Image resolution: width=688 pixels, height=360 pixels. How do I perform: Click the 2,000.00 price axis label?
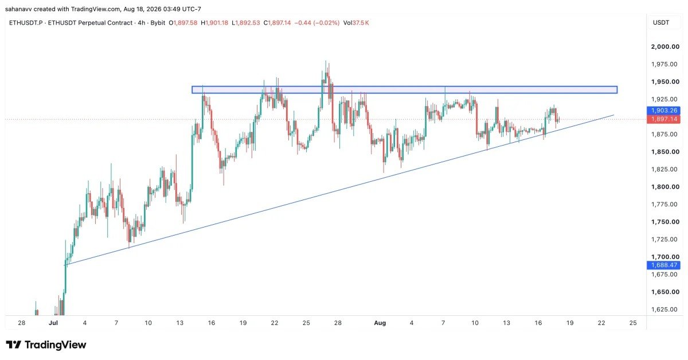click(665, 46)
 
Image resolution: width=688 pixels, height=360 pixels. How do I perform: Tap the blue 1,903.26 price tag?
click(663, 110)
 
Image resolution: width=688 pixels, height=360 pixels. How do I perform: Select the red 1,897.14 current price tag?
click(663, 119)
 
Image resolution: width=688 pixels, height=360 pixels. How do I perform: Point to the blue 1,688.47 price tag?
click(663, 265)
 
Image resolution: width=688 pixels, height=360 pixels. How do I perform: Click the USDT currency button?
click(661, 23)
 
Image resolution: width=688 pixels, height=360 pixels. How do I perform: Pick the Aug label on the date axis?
click(380, 323)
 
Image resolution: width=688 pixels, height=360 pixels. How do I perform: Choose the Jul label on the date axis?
click(53, 323)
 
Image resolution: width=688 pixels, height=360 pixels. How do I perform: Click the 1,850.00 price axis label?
click(665, 152)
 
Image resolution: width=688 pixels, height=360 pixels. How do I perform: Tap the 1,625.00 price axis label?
click(664, 310)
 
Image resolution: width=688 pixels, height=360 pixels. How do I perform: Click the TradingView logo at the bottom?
click(46, 345)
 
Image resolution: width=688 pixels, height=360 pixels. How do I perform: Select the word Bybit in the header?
click(158, 23)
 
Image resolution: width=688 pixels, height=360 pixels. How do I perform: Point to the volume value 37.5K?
click(361, 23)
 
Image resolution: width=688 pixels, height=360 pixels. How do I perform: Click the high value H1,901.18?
click(214, 23)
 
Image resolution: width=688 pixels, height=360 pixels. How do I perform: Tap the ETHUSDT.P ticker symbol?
click(26, 23)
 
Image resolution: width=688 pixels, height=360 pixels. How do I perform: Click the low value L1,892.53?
click(246, 23)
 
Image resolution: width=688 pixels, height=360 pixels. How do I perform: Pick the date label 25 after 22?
click(633, 323)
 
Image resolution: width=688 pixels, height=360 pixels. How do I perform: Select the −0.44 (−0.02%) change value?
click(317, 23)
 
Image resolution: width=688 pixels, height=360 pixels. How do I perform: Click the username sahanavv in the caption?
click(18, 9)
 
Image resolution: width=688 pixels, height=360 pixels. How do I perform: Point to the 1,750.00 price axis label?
click(665, 222)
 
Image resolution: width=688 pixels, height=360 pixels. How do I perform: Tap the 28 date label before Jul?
click(22, 323)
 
